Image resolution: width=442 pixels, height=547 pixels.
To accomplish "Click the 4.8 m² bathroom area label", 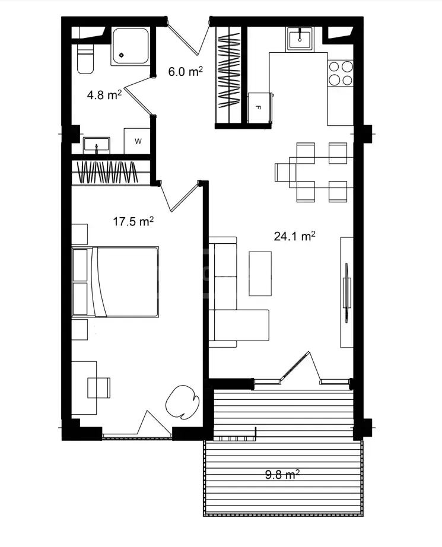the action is click(104, 94).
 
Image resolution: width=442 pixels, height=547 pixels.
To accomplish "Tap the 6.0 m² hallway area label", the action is click(185, 72).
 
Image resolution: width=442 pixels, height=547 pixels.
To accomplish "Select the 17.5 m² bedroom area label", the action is click(133, 221).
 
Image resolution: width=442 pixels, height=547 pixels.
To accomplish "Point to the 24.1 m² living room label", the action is click(294, 236).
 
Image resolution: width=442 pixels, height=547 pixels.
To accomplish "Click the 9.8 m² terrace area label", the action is click(282, 475).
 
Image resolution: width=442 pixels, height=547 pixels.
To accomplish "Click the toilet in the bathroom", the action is click(85, 59).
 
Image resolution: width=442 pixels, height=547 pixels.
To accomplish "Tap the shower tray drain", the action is click(122, 55).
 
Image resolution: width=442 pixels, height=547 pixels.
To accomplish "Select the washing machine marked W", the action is click(138, 141).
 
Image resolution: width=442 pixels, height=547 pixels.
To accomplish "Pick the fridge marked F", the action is click(259, 107).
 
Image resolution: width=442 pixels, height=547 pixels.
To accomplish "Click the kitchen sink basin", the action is click(300, 38).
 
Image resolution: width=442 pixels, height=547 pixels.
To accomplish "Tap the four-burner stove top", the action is click(341, 73).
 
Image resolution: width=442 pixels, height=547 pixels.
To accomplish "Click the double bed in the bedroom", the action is click(115, 282).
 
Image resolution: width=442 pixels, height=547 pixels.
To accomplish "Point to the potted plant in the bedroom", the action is click(182, 401).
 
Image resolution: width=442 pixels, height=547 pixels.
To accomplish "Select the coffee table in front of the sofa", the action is click(260, 273).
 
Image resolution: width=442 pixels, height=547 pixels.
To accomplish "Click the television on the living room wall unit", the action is click(346, 292).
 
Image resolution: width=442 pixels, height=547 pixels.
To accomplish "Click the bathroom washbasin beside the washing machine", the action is click(97, 145).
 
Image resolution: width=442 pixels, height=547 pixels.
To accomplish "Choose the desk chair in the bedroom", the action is click(98, 387).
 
